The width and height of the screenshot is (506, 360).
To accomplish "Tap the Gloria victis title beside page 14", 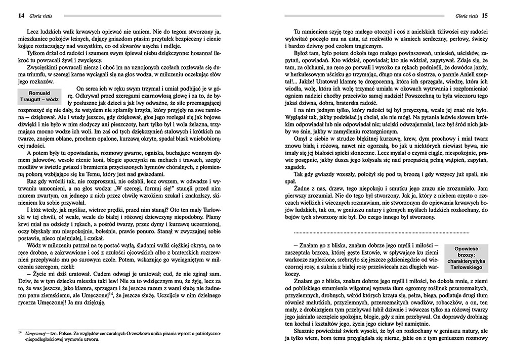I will (30, 15).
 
